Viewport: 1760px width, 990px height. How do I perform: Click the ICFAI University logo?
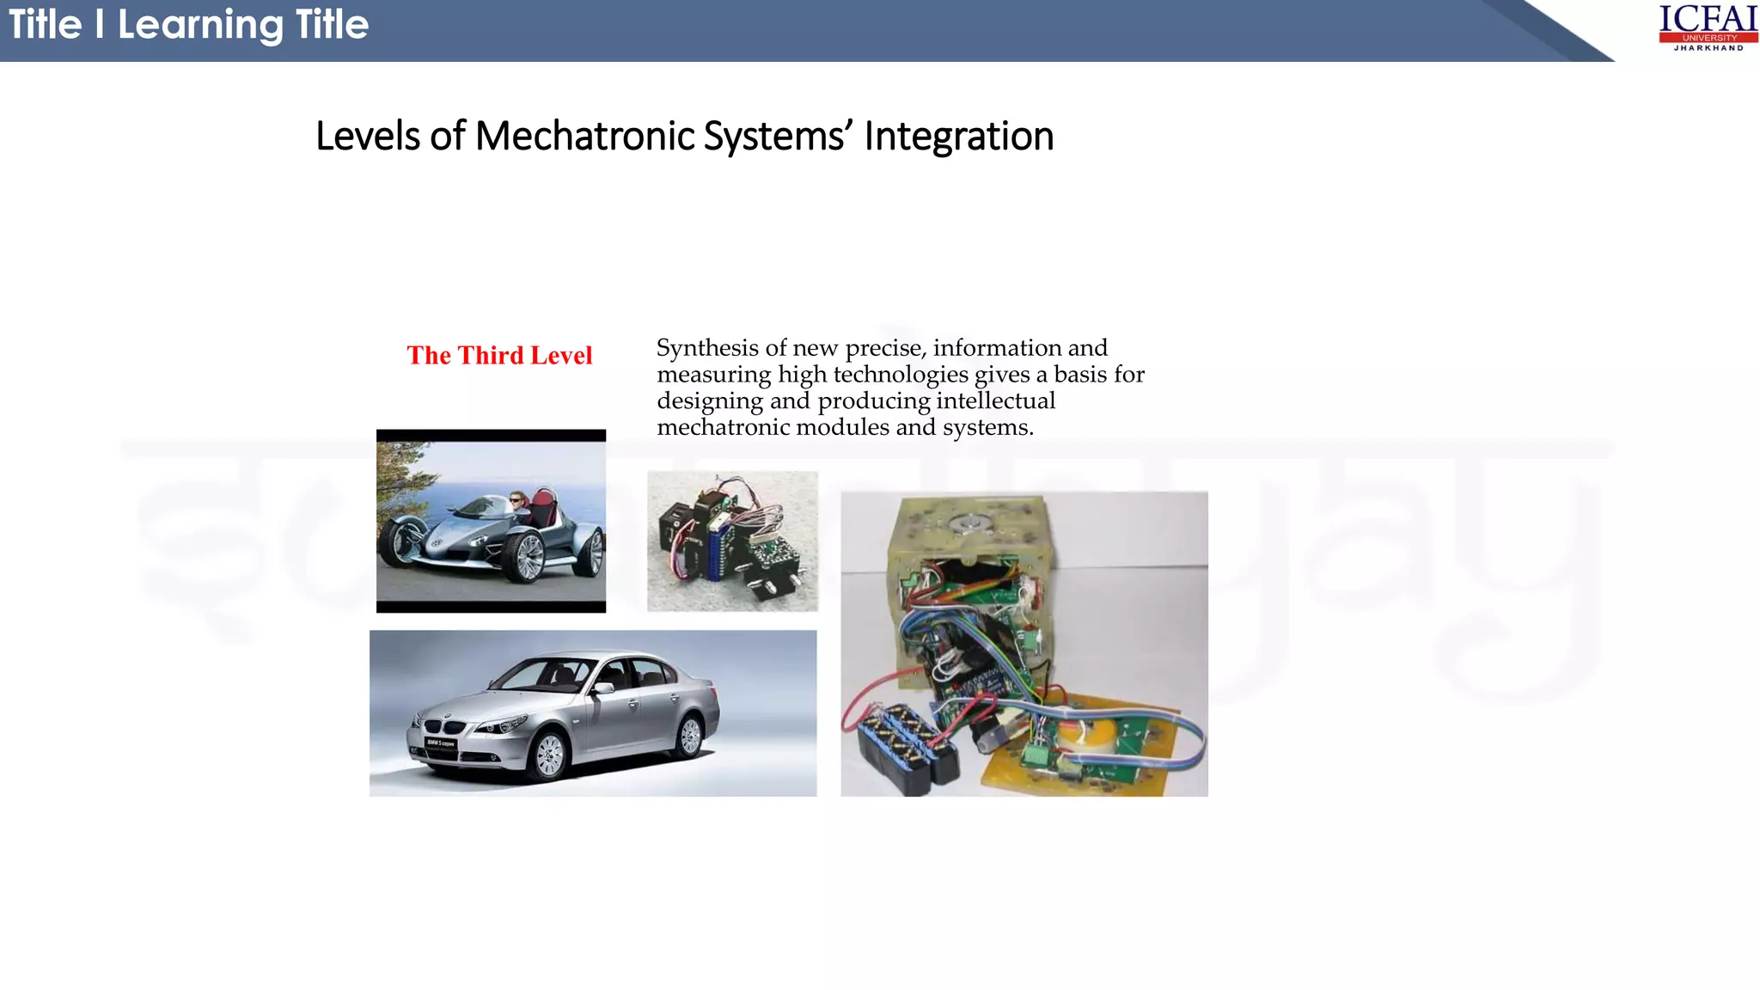pyautogui.click(x=1708, y=27)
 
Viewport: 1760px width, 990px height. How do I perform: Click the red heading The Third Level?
pyautogui.click(x=499, y=356)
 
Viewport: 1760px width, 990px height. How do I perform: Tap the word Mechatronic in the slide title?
pyautogui.click(x=584, y=137)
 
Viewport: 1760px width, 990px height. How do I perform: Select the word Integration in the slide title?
pyautogui.click(x=958, y=137)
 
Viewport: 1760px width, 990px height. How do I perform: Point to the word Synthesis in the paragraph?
pyautogui.click(x=708, y=348)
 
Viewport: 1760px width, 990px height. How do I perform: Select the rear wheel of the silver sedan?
pyautogui.click(x=690, y=735)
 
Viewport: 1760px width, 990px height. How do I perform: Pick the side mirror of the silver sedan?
pyautogui.click(x=604, y=687)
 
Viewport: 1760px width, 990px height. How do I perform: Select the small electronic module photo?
pyautogui.click(x=732, y=541)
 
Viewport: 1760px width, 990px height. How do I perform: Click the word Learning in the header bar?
pyautogui.click(x=200, y=25)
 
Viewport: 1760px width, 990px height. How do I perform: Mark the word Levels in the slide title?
pyautogui.click(x=368, y=137)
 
